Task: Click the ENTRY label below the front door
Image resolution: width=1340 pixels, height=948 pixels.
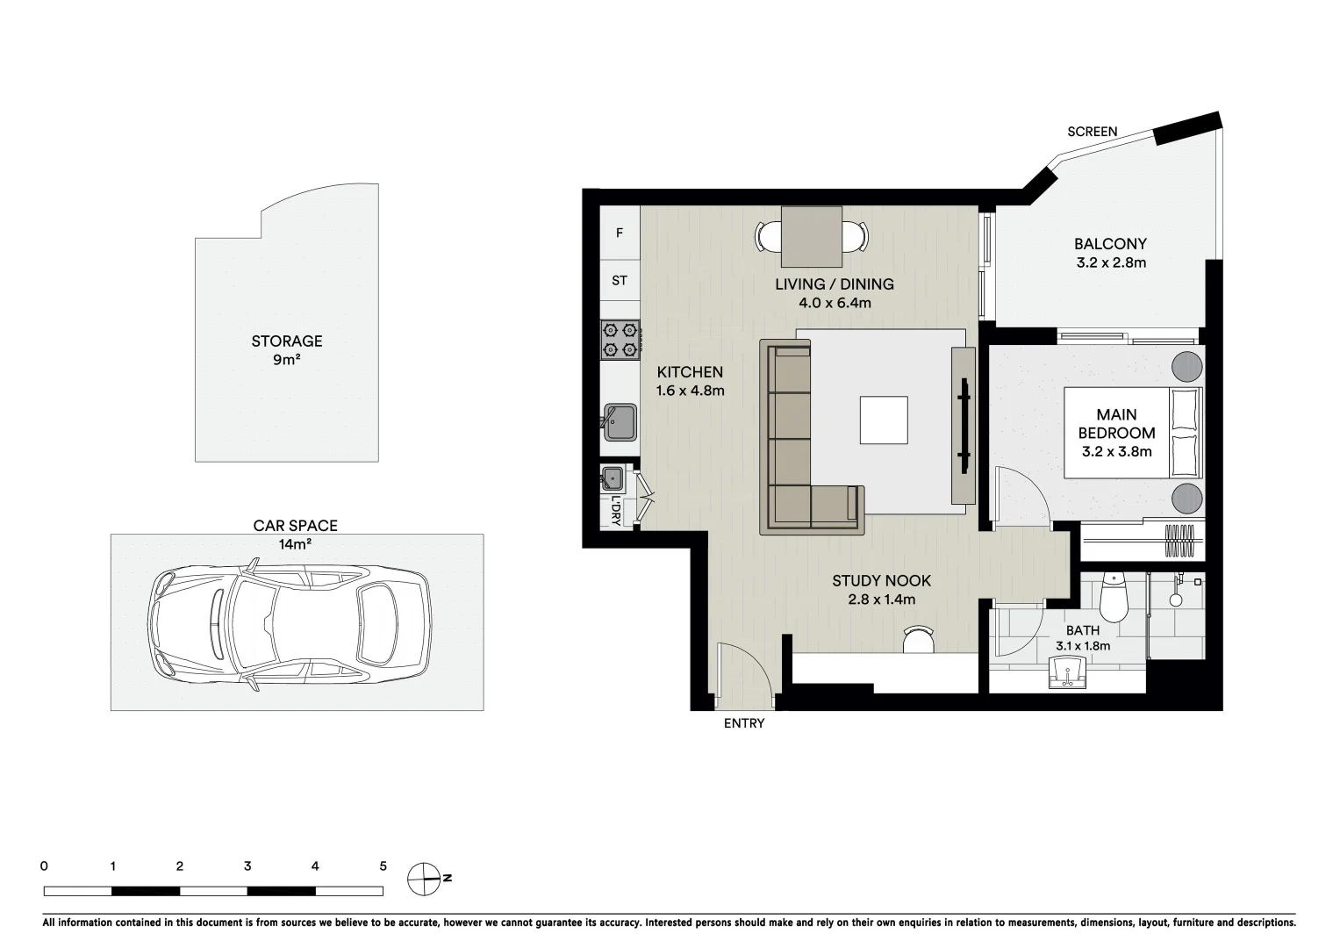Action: [743, 723]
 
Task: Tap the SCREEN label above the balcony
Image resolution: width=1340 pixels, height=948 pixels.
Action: [1092, 132]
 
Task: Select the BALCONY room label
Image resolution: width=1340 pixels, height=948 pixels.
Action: [1110, 244]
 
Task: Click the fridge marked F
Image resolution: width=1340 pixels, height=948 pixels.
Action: [620, 233]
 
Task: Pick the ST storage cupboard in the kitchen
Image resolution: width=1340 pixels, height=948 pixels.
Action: [620, 281]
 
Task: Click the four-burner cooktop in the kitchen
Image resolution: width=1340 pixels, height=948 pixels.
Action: [620, 340]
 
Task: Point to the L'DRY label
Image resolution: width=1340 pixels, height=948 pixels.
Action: [616, 512]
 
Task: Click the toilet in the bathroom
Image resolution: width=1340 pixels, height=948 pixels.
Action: [1113, 597]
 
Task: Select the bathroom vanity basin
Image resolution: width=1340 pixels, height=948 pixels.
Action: [1067, 677]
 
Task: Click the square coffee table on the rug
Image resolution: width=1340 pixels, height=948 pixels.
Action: [884, 420]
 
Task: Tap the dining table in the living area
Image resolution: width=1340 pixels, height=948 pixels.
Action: [812, 236]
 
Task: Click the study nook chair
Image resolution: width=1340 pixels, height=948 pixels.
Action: [919, 639]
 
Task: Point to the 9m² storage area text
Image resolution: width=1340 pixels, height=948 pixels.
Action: [287, 360]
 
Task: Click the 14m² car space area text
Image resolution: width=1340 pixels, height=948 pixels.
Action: [296, 544]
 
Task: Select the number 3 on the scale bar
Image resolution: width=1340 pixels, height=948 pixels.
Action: [247, 866]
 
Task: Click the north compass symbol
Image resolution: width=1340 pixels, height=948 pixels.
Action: [423, 877]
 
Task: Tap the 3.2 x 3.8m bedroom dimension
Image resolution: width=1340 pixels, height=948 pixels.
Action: [1116, 452]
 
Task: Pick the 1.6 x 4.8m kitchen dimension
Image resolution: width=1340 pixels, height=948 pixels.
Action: [690, 391]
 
